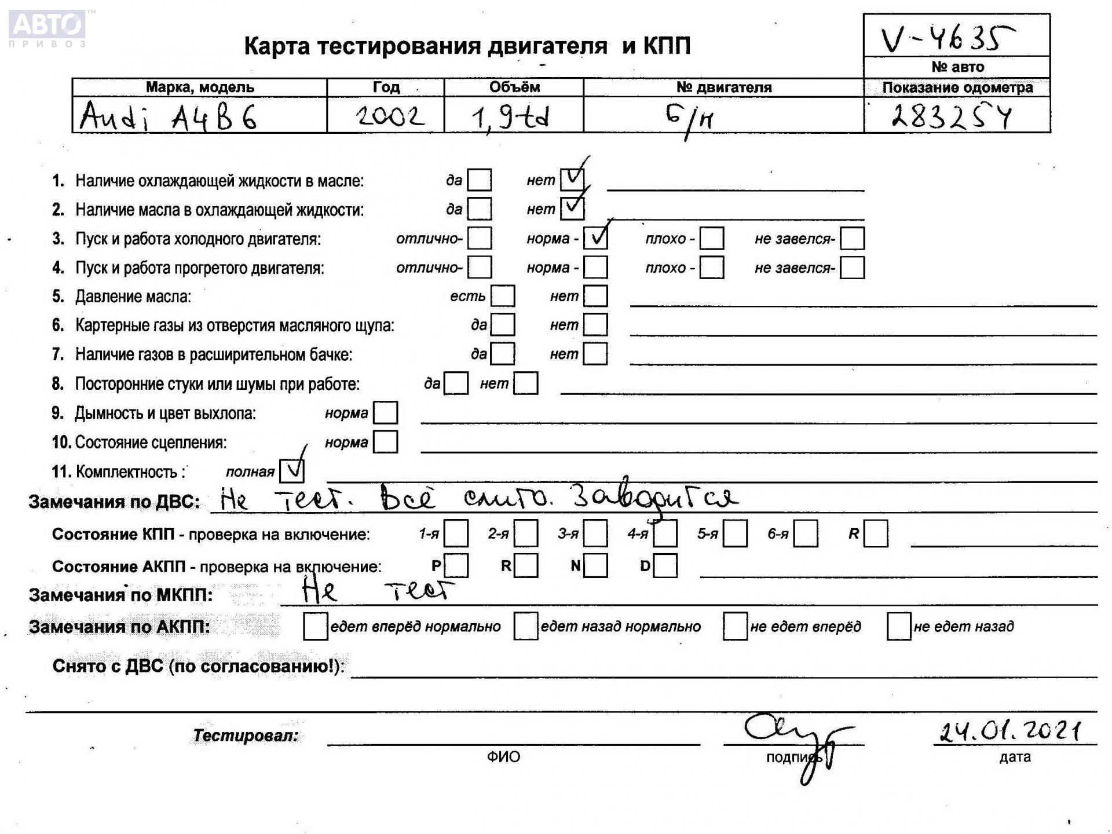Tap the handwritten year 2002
click(x=390, y=116)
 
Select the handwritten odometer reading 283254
click(x=952, y=116)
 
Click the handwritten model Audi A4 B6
click(x=168, y=117)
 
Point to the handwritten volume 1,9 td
click(x=510, y=118)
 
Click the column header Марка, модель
click(x=200, y=87)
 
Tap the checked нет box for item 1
click(x=572, y=179)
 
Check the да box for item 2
click(x=480, y=209)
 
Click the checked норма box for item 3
click(x=595, y=238)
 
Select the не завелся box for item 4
click(x=852, y=268)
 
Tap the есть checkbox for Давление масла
click(x=503, y=296)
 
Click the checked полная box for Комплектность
click(x=291, y=471)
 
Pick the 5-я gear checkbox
click(x=735, y=533)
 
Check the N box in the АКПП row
click(x=595, y=566)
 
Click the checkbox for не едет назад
click(x=899, y=627)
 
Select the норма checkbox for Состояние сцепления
click(x=386, y=442)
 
